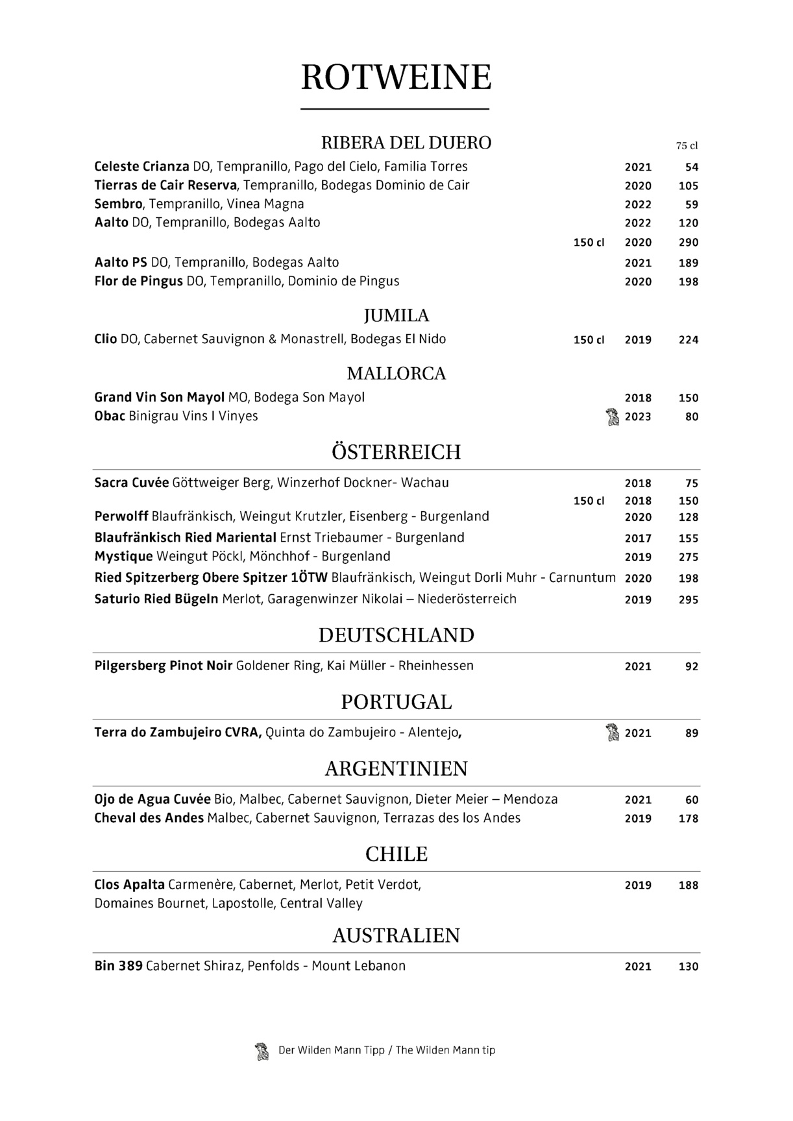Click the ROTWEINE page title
(x=396, y=78)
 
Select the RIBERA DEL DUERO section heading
(x=406, y=143)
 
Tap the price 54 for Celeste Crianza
(x=691, y=167)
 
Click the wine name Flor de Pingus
(x=138, y=282)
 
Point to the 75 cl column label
(x=687, y=146)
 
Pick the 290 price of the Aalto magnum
(x=688, y=243)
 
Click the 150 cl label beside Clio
(x=589, y=340)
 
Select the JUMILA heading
(x=396, y=316)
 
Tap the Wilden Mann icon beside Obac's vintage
(x=611, y=416)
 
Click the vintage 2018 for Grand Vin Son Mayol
(x=637, y=398)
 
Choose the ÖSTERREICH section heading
(x=396, y=452)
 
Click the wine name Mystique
(x=123, y=557)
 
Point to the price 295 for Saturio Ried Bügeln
(x=688, y=600)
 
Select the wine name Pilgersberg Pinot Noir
(x=163, y=666)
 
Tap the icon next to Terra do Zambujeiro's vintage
(x=611, y=733)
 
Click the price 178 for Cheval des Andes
(x=688, y=819)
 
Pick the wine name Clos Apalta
(x=129, y=885)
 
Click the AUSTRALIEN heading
(x=396, y=935)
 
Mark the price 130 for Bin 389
(x=688, y=967)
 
